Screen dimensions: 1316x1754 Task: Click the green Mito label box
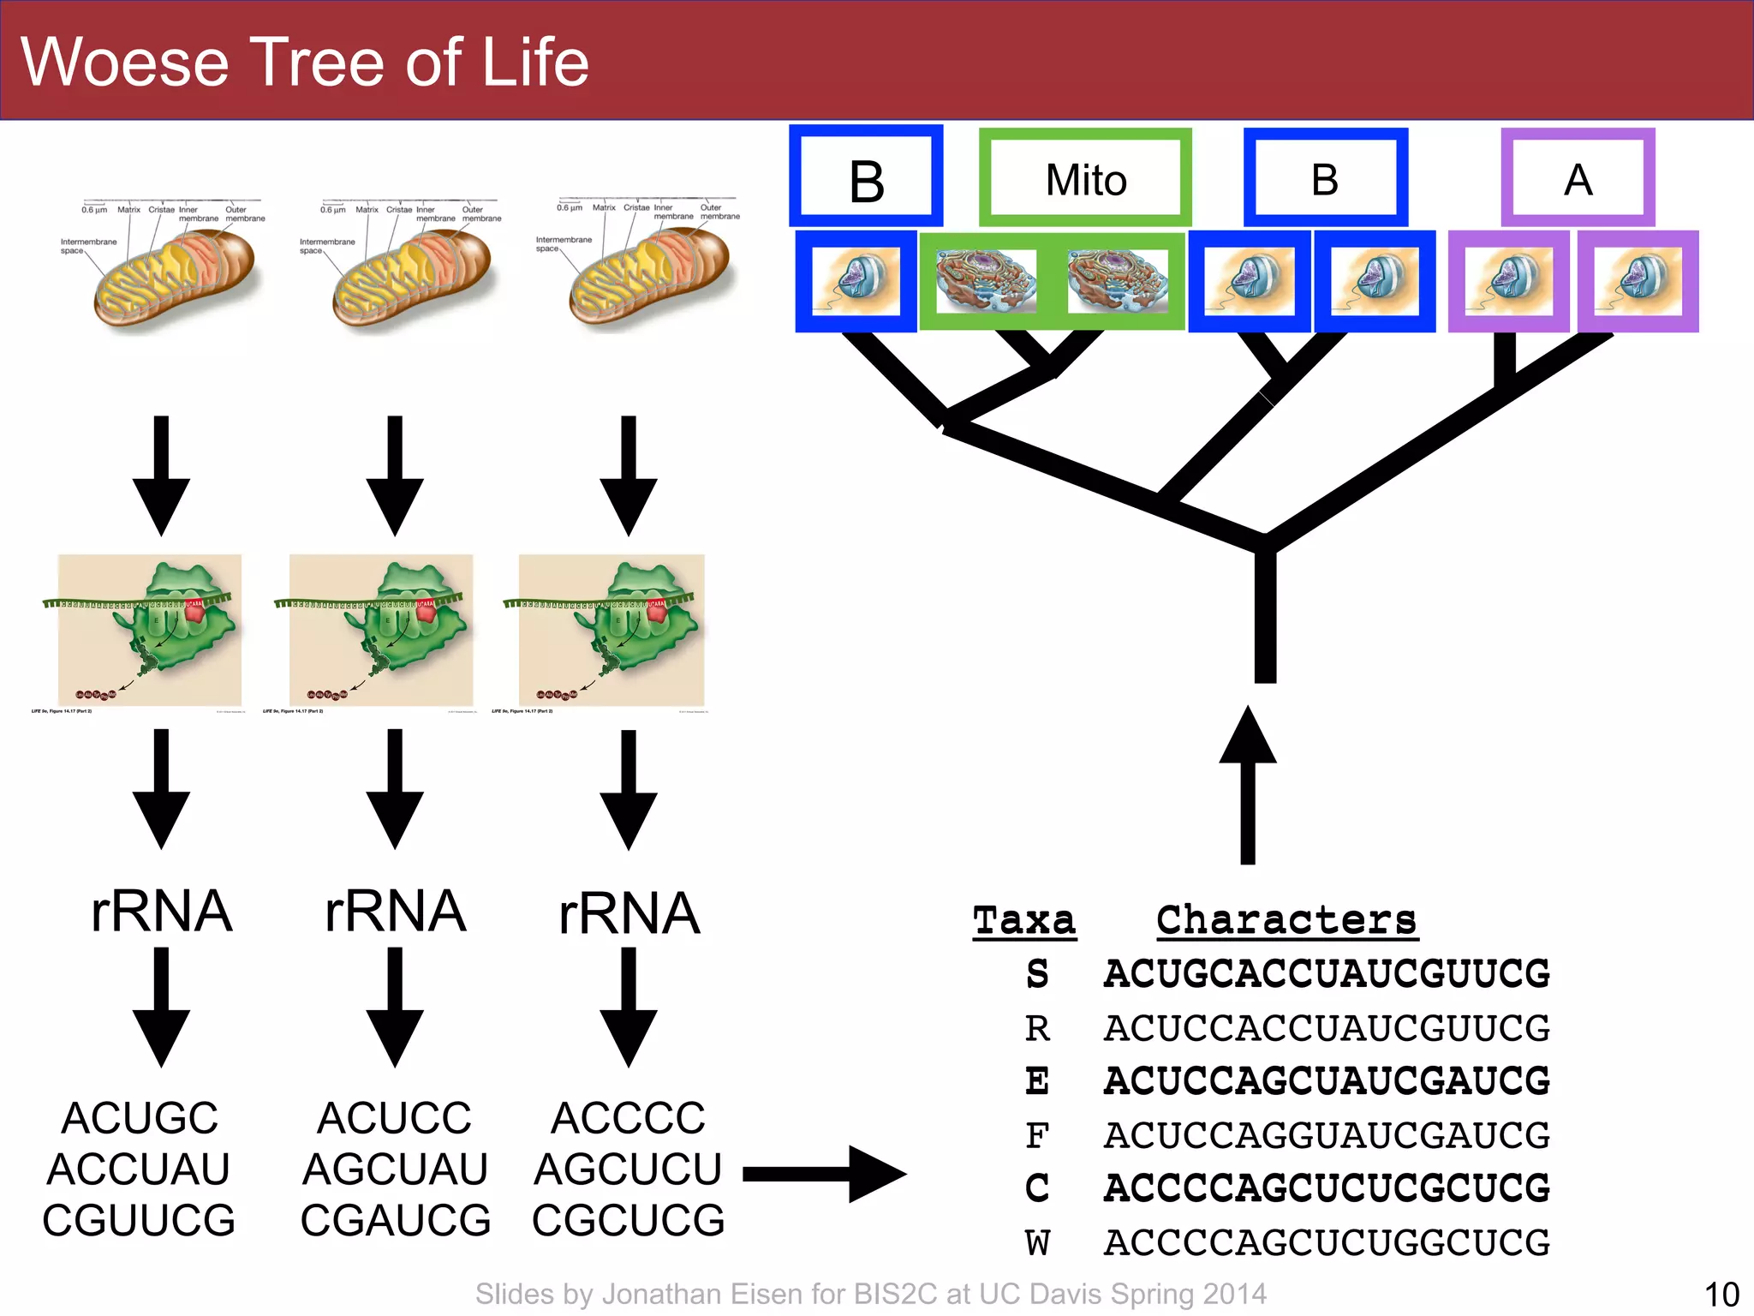1085,178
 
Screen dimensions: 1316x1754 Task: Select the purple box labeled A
1578,178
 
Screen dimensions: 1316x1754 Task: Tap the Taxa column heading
1024,920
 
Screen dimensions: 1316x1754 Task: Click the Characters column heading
1286,920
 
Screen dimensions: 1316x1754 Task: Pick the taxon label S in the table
1037,974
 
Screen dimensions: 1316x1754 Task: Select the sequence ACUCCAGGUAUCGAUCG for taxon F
1327,1135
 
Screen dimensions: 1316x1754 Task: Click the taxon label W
1037,1242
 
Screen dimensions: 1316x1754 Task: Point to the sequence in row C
1327,1188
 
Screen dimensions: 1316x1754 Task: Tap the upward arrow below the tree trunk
1248,784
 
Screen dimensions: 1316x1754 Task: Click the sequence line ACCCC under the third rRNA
628,1118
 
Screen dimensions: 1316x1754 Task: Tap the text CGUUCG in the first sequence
139,1220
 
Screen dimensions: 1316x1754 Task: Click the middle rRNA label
395,911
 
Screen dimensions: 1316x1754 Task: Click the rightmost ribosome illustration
612,630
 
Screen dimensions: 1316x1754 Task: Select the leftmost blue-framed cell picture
856,281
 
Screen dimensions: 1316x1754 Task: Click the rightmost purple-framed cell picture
1638,281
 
